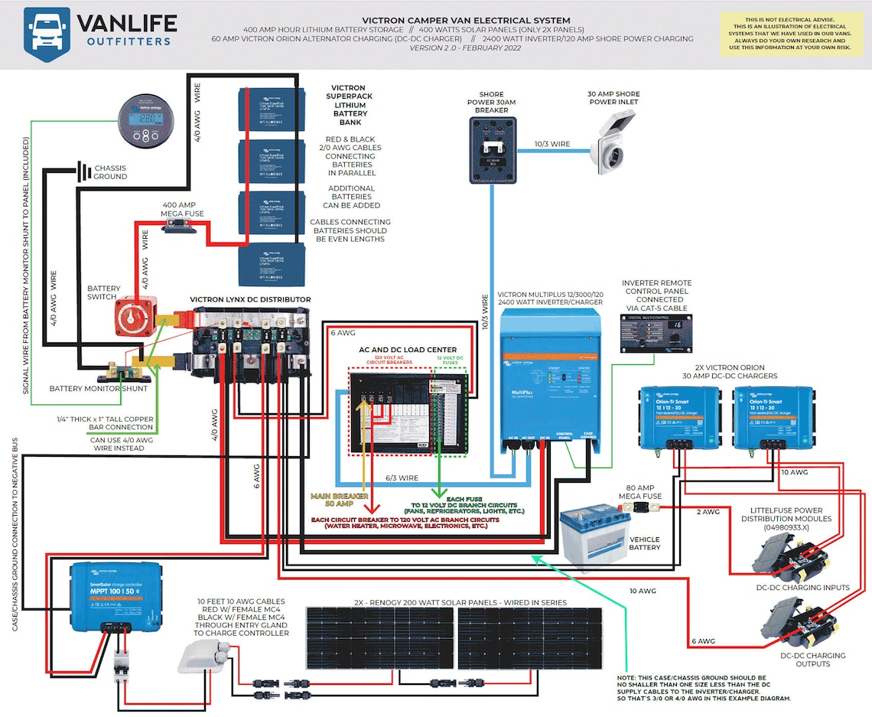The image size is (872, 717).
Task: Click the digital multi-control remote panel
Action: point(656,334)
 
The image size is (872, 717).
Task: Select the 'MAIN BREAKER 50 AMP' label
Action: point(337,501)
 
